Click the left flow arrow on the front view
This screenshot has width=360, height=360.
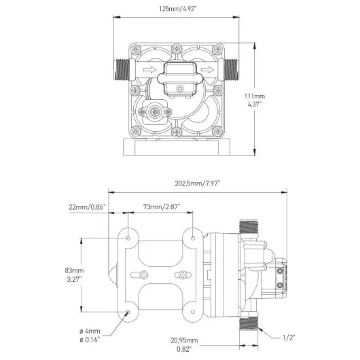click(147, 70)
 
